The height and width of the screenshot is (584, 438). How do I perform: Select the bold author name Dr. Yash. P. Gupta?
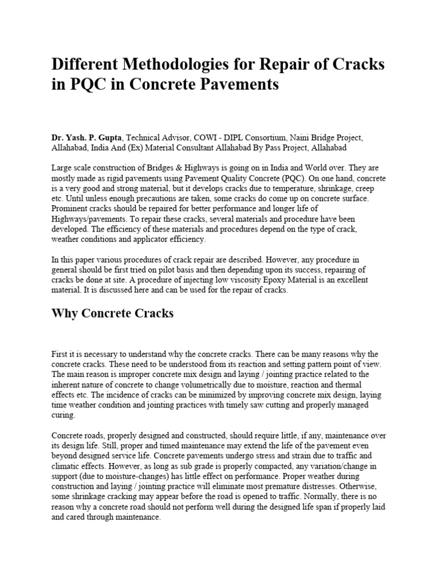[x=86, y=137]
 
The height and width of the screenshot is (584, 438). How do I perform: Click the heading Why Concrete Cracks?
[x=112, y=313]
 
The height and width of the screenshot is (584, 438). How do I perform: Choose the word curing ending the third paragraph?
[x=63, y=415]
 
